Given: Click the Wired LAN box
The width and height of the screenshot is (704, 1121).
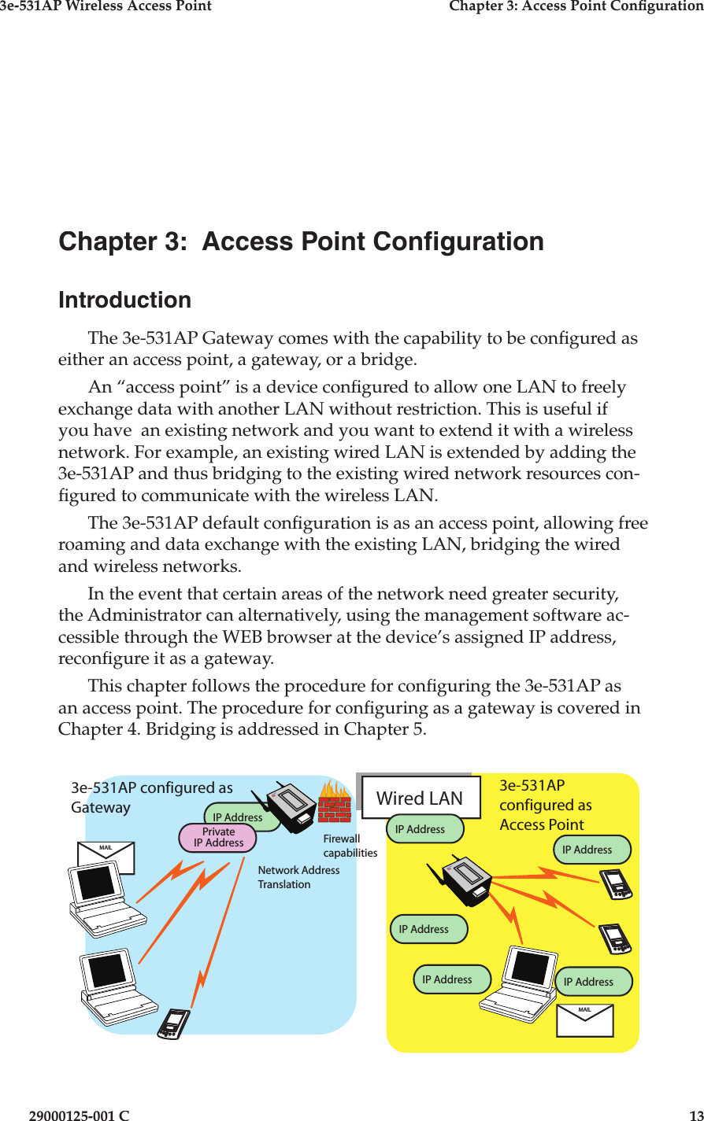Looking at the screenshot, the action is pyautogui.click(x=421, y=798).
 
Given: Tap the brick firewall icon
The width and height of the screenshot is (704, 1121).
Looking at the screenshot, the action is pyautogui.click(x=334, y=802).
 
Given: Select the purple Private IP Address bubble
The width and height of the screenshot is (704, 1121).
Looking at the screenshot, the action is pyautogui.click(x=218, y=838).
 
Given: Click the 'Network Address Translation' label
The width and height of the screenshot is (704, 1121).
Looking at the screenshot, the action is pyautogui.click(x=298, y=877).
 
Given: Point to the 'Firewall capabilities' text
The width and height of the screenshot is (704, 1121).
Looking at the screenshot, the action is pyautogui.click(x=350, y=846).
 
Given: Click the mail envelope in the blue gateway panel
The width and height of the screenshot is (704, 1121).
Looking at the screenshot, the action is pyautogui.click(x=106, y=857).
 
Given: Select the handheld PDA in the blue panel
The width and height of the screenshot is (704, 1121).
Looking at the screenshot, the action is pyautogui.click(x=173, y=1023).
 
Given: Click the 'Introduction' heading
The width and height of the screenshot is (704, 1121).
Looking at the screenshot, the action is pyautogui.click(x=124, y=300).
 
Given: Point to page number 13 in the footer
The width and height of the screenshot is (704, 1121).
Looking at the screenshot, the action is pyautogui.click(x=695, y=1115).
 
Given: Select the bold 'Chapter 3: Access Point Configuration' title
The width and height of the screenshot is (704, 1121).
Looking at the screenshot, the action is pyautogui.click(x=301, y=242).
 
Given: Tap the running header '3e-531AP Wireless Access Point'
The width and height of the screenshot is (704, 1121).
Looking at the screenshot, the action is pyautogui.click(x=106, y=6).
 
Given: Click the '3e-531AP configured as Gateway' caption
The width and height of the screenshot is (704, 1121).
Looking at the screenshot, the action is pyautogui.click(x=151, y=797).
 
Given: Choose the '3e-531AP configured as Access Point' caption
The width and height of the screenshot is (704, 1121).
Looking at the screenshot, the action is pyautogui.click(x=545, y=805).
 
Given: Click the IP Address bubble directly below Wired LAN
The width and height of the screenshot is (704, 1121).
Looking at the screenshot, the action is pyautogui.click(x=424, y=828).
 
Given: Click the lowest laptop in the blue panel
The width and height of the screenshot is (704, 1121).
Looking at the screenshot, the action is pyautogui.click(x=116, y=987).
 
